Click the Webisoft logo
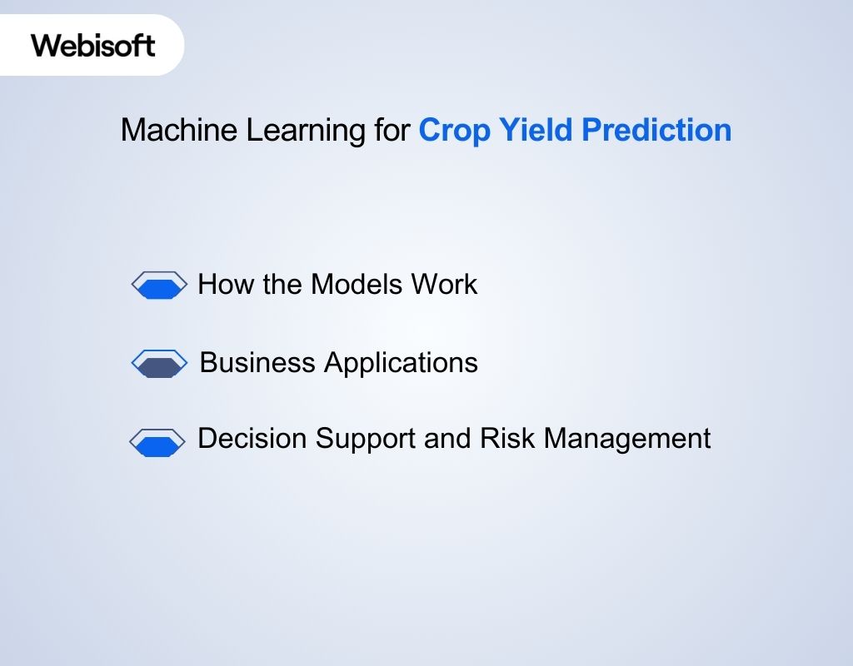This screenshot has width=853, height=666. (93, 44)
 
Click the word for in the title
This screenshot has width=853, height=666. (392, 131)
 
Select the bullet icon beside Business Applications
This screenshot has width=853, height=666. (160, 363)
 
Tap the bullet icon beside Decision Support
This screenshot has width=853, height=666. (157, 442)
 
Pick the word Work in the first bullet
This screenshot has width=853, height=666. (444, 285)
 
